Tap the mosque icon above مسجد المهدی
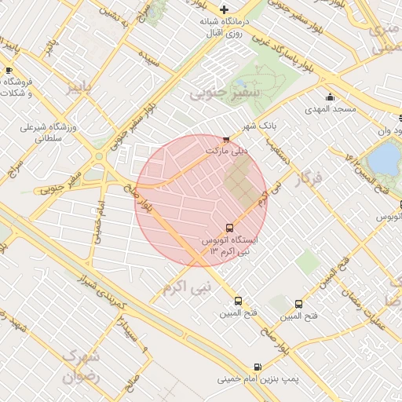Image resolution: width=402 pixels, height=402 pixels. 331,97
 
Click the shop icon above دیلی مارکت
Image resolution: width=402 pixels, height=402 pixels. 227,139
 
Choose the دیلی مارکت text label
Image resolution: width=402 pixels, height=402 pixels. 226,149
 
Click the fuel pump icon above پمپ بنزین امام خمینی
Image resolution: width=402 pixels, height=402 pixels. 258,367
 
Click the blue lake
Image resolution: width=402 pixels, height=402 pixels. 383,160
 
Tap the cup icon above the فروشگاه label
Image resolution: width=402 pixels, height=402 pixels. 9,71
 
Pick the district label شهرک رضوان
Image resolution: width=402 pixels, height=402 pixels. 81,366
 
